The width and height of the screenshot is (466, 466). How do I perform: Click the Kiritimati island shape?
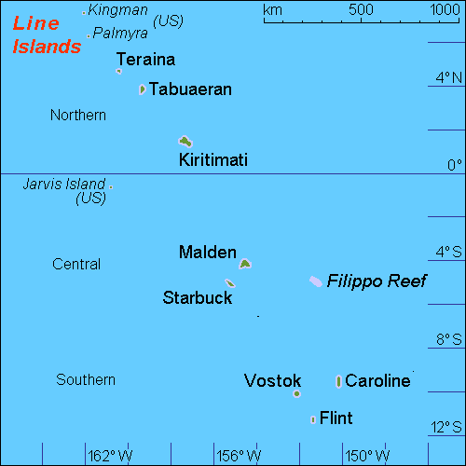pyautogui.click(x=185, y=142)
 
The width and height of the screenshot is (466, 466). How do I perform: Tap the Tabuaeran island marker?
pyautogui.click(x=142, y=89)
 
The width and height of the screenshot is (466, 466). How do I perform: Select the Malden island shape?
pyautogui.click(x=244, y=264)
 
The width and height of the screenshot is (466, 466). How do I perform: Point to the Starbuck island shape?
pyautogui.click(x=229, y=283)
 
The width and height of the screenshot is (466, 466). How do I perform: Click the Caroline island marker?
pyautogui.click(x=338, y=381)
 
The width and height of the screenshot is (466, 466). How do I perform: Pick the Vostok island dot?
pyautogui.click(x=296, y=393)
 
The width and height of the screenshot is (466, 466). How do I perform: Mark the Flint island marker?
pyautogui.click(x=313, y=419)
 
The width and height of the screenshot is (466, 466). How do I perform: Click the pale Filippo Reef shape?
pyautogui.click(x=315, y=281)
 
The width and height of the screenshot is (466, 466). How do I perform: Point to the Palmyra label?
pyautogui.click(x=121, y=33)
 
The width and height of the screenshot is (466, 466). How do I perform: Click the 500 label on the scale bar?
pyautogui.click(x=361, y=10)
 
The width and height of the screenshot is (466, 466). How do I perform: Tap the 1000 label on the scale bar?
pyautogui.click(x=445, y=10)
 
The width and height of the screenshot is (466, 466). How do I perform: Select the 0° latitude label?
pyautogui.click(x=454, y=166)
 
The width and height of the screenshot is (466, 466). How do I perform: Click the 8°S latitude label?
pyautogui.click(x=449, y=340)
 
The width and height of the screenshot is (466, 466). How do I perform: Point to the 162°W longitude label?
pyautogui.click(x=110, y=456)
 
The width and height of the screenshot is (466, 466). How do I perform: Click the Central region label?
pyautogui.click(x=76, y=265)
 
